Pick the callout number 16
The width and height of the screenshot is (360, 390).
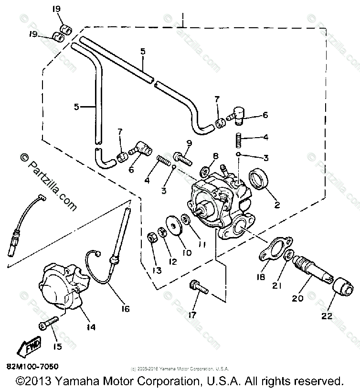pyautogui.click(x=125, y=309)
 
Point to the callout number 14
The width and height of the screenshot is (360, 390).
pyautogui.click(x=91, y=327)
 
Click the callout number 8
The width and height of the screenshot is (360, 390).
pyautogui.click(x=216, y=155)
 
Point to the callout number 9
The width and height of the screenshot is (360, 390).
pyautogui.click(x=189, y=143)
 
